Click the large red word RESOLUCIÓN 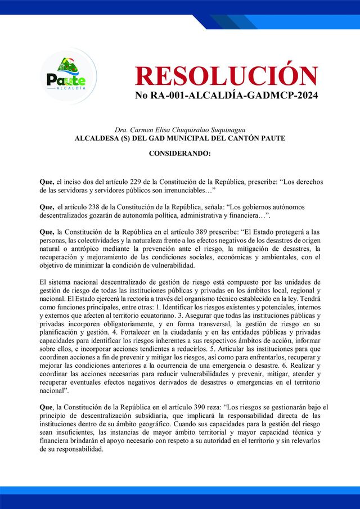click(x=227, y=76)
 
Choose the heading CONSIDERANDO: click(x=179, y=154)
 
